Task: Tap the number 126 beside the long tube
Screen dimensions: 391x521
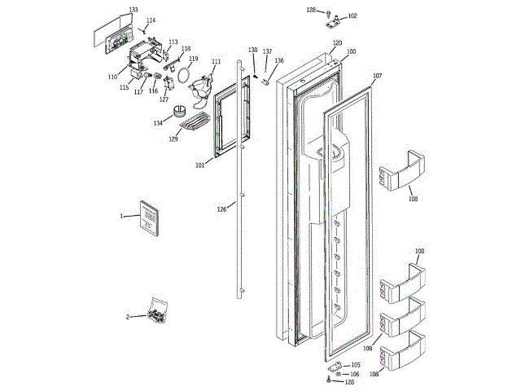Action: coord(221,209)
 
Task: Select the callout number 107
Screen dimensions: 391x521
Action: coord(377,76)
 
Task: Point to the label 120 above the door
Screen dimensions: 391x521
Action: coord(337,42)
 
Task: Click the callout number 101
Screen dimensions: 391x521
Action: coord(200,165)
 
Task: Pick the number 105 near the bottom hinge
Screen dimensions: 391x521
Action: coord(355,365)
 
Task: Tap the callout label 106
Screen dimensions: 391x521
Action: coord(355,374)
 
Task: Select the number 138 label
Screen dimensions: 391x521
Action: coord(253,51)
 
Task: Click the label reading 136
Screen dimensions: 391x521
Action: coord(279,60)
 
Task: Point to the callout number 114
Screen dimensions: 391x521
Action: coord(151,20)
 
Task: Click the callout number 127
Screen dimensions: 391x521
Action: coord(164,99)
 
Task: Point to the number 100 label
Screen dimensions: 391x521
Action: coord(351,52)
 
